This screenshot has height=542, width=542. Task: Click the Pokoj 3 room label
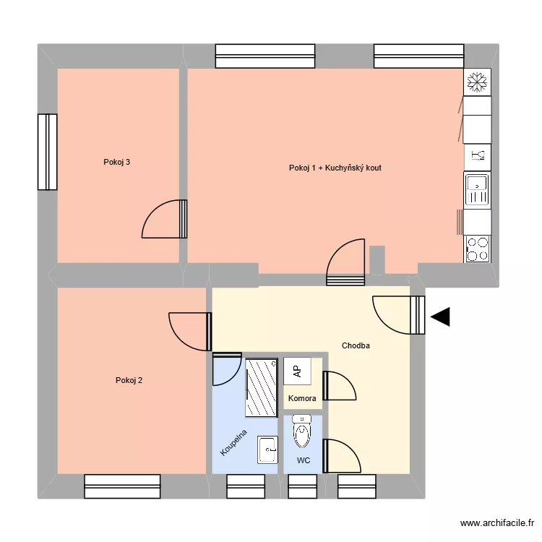click(x=117, y=162)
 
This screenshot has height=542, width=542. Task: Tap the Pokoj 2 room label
click(x=129, y=380)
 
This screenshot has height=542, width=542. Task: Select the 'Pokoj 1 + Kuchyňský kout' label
click(x=335, y=168)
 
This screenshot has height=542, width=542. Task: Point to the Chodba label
click(x=356, y=345)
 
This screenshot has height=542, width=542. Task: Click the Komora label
click(x=302, y=398)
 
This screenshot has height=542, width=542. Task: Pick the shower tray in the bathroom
click(x=262, y=387)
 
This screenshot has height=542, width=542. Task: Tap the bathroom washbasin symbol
click(x=267, y=451)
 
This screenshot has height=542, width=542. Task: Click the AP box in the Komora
click(x=297, y=371)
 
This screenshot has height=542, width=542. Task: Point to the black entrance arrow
click(x=440, y=317)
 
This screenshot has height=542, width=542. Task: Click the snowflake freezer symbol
click(x=477, y=82)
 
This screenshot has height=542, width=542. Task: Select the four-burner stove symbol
click(x=477, y=249)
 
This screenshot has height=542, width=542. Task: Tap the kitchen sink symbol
click(x=477, y=190)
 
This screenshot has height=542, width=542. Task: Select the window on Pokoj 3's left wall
click(x=48, y=152)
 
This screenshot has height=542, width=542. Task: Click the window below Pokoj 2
click(x=122, y=486)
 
